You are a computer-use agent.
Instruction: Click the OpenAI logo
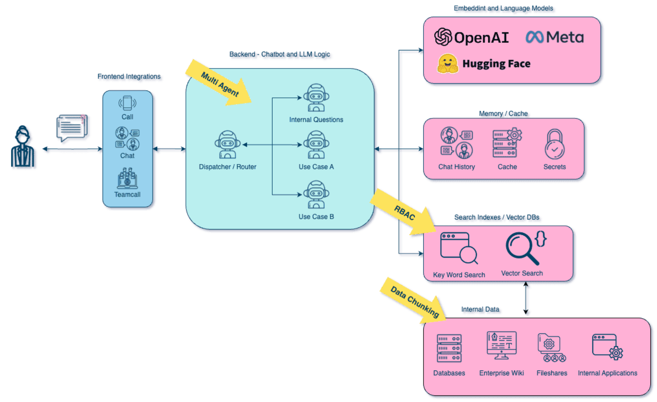click(x=443, y=37)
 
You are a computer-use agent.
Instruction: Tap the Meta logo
click(x=534, y=37)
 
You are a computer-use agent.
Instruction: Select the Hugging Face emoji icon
click(x=448, y=63)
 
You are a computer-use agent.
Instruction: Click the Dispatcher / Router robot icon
click(x=228, y=145)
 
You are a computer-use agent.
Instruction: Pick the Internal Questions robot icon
click(x=316, y=98)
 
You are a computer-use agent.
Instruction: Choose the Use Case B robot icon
click(x=316, y=194)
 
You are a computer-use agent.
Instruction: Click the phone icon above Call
click(x=127, y=103)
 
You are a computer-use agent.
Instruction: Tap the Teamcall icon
click(x=127, y=178)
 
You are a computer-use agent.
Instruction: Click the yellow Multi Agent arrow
click(x=219, y=83)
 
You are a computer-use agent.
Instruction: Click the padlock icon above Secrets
click(x=555, y=144)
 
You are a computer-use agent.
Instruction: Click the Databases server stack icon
click(x=449, y=348)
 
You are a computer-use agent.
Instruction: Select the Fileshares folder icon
click(x=552, y=348)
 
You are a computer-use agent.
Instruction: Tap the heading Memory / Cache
click(x=503, y=114)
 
